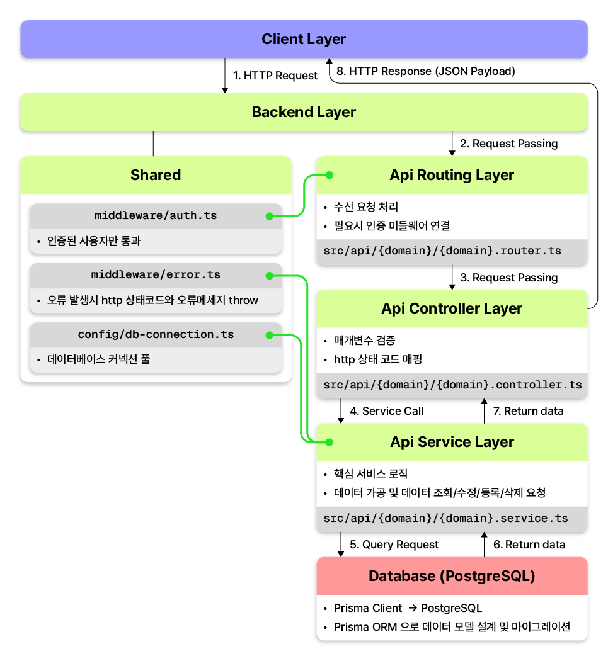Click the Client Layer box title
pyautogui.click(x=303, y=39)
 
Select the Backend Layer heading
pyautogui.click(x=304, y=112)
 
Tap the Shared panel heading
pyautogui.click(x=156, y=175)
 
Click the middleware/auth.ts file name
pyautogui.click(x=156, y=216)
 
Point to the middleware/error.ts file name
pyautogui.click(x=156, y=275)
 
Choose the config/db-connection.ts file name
pyautogui.click(x=156, y=335)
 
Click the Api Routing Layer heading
pyautogui.click(x=452, y=175)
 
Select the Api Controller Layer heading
pyautogui.click(x=452, y=308)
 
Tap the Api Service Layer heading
pyautogui.click(x=452, y=442)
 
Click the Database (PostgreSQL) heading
pyautogui.click(x=452, y=576)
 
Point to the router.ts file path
pyautogui.click(x=442, y=251)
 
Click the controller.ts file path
pyautogui.click(x=452, y=385)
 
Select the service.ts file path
pyautogui.click(x=445, y=518)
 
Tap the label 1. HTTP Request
pyautogui.click(x=275, y=76)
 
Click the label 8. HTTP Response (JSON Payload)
pyautogui.click(x=426, y=71)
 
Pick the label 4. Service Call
pyautogui.click(x=386, y=411)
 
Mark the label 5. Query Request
pyautogui.click(x=394, y=545)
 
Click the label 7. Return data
pyautogui.click(x=528, y=411)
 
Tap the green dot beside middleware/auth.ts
pyautogui.click(x=270, y=217)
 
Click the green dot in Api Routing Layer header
pyautogui.click(x=330, y=175)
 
